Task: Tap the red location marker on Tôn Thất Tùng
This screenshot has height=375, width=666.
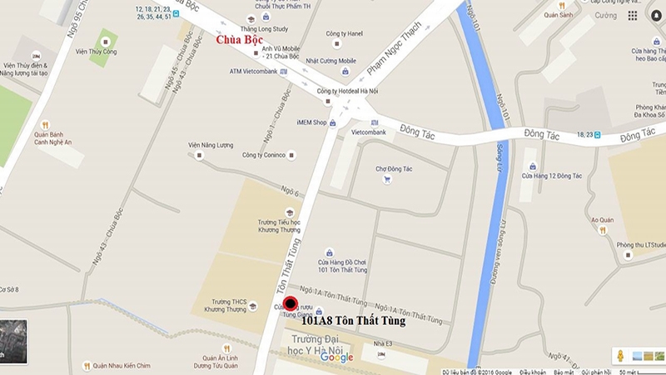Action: (290, 303)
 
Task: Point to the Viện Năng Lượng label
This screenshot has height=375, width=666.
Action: (212, 144)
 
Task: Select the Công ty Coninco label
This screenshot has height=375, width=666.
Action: (264, 155)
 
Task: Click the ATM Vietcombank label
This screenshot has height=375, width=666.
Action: (254, 71)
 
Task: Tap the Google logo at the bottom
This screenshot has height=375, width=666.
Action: (336, 358)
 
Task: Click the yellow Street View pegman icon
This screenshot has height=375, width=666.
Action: (619, 355)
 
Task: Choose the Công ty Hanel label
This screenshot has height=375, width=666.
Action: (344, 33)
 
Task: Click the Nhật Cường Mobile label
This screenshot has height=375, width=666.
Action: (331, 61)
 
